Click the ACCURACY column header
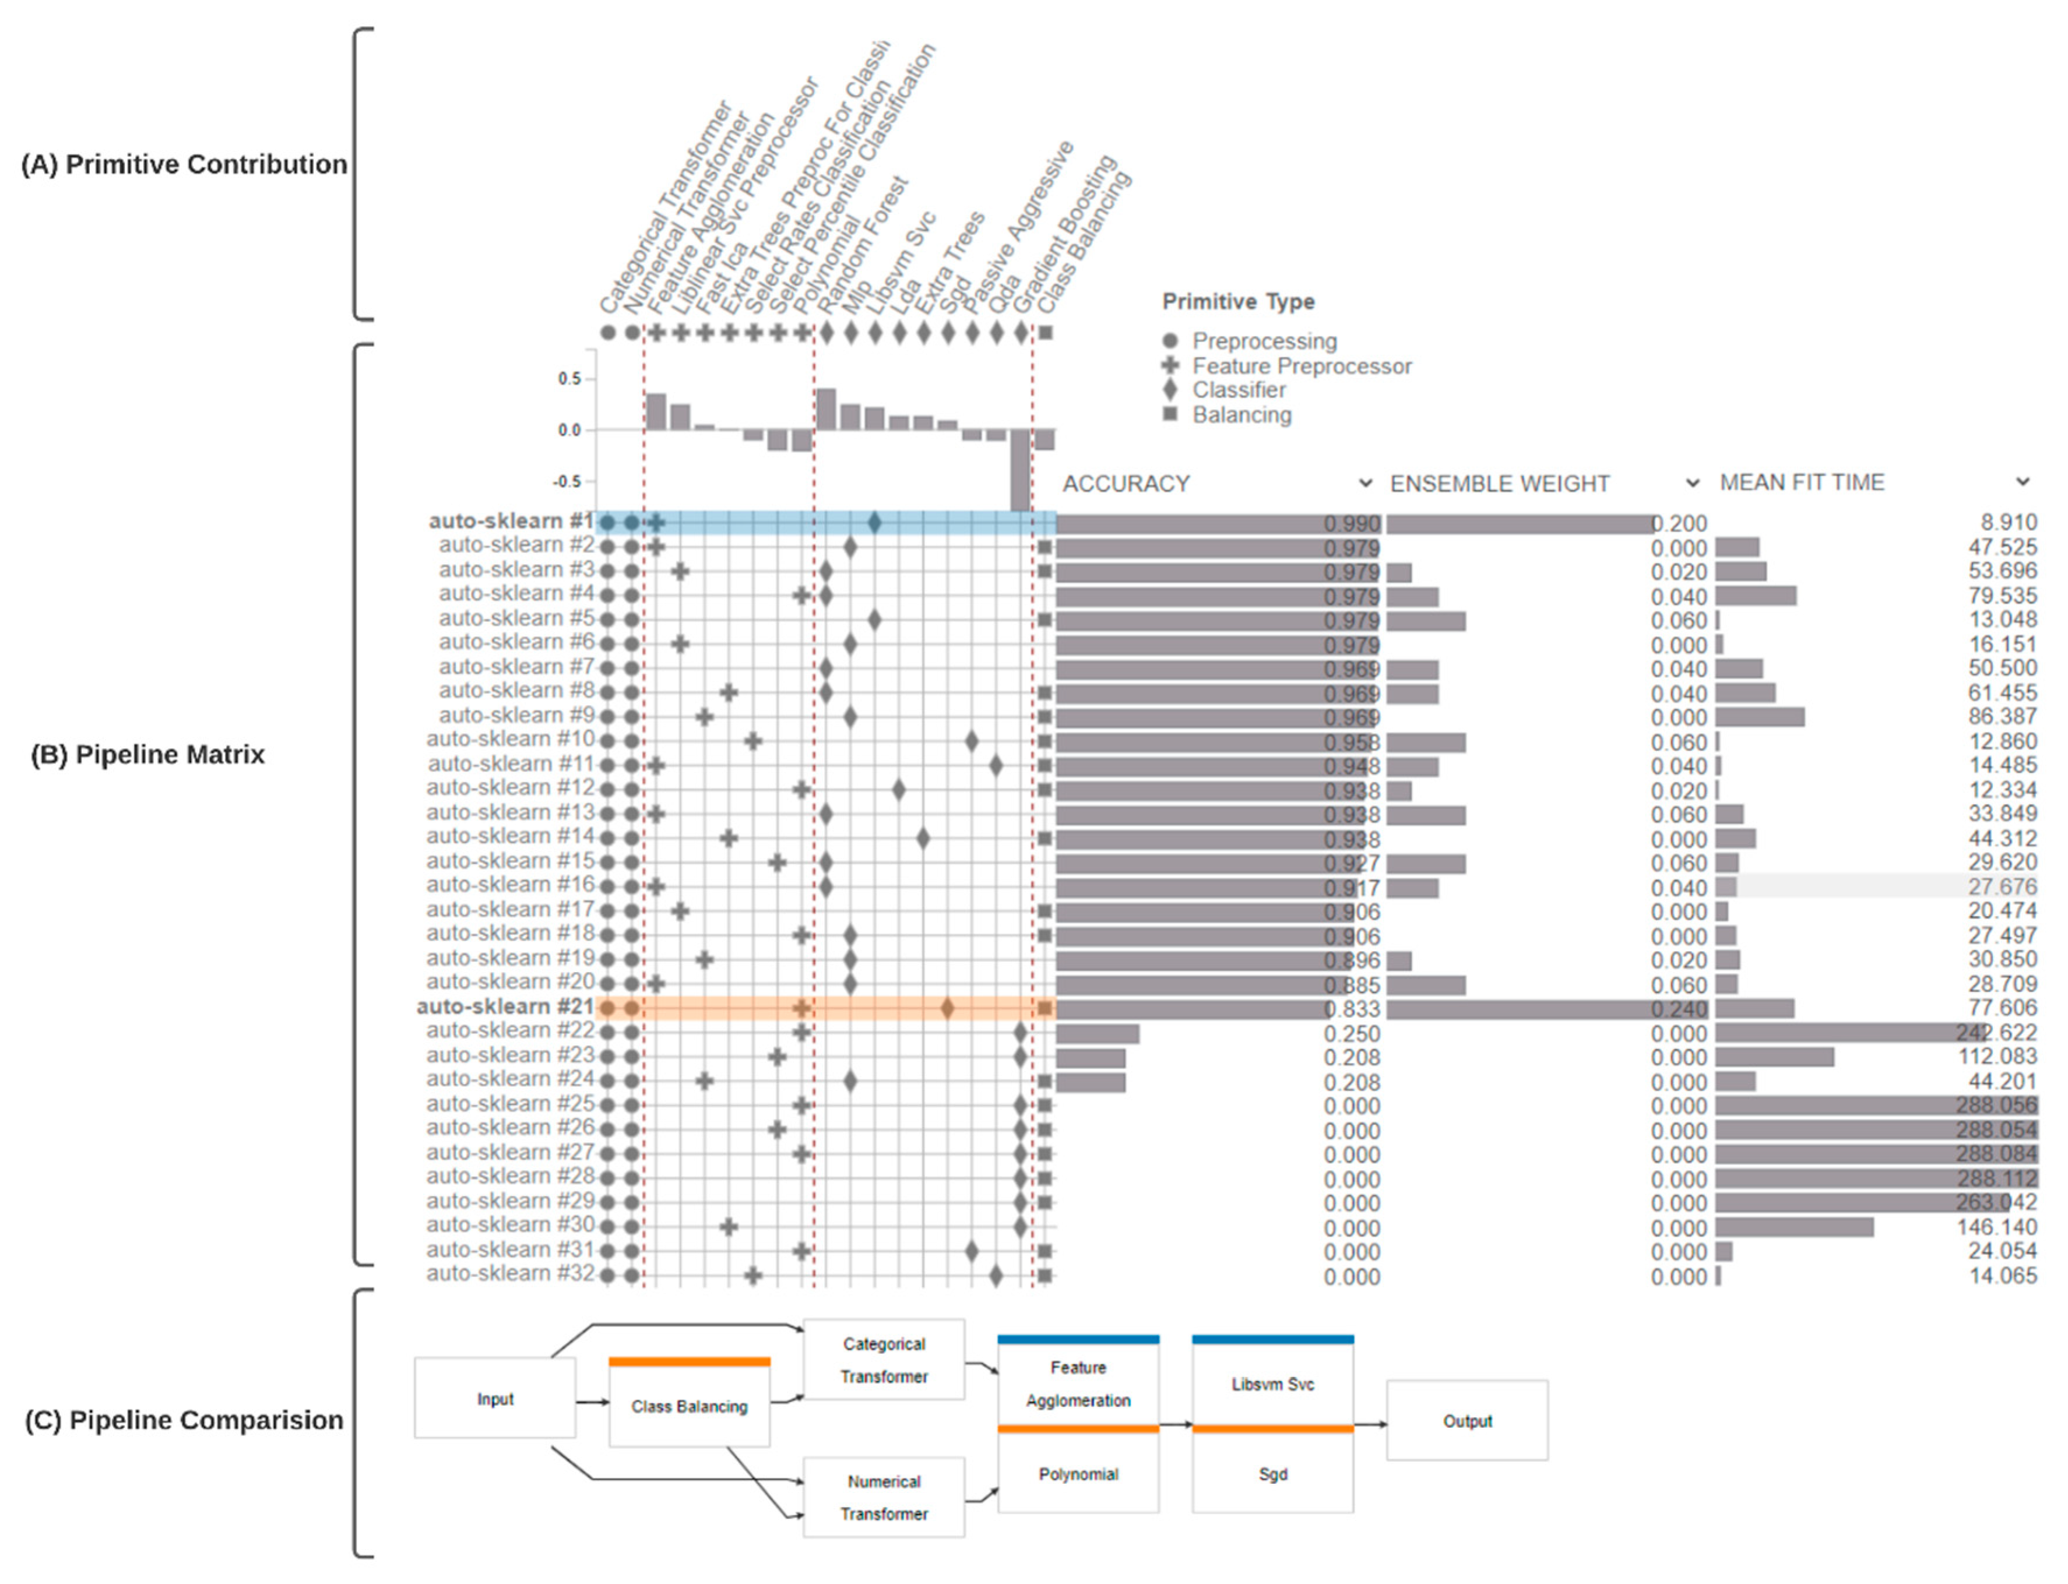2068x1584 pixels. (x=1126, y=484)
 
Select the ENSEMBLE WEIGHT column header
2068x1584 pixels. (x=1499, y=484)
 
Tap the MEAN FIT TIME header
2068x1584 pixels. (x=1801, y=483)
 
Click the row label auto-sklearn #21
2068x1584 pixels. (x=505, y=1007)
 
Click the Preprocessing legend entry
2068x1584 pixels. (x=1264, y=342)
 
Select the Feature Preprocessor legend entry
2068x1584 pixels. (x=1302, y=366)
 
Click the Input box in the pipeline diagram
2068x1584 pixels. (x=495, y=1399)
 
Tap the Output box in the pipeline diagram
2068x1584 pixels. (x=1467, y=1421)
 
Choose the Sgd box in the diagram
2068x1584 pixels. (x=1272, y=1474)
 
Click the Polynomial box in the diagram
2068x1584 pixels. (x=1078, y=1474)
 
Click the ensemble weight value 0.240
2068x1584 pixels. (x=1679, y=1009)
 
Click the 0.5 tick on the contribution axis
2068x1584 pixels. (x=569, y=379)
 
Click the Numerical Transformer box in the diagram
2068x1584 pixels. (x=884, y=1497)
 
